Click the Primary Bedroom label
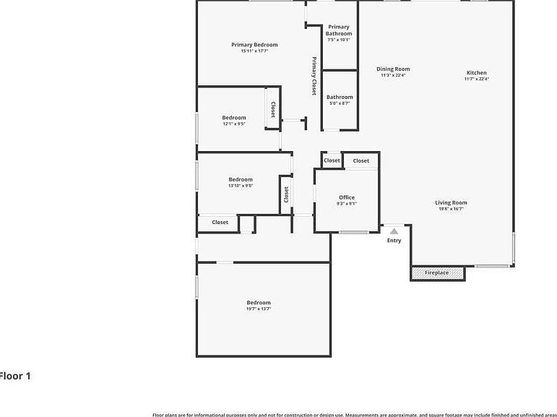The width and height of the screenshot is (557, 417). (x=254, y=45)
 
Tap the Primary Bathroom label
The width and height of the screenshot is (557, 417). (x=339, y=30)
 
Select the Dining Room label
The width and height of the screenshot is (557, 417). (x=393, y=69)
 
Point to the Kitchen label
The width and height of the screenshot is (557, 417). (x=476, y=73)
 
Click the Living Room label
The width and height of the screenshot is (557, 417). (x=451, y=203)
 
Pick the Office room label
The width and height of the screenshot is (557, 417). (x=347, y=197)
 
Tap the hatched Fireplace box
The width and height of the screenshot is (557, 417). (x=438, y=273)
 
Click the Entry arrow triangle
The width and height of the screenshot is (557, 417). (x=394, y=231)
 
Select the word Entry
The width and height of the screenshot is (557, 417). (x=394, y=241)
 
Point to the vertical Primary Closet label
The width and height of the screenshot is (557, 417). (x=314, y=76)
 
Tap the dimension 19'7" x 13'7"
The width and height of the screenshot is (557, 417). (x=259, y=309)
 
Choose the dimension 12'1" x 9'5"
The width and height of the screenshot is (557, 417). (x=234, y=124)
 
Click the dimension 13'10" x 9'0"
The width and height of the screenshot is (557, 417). (x=241, y=186)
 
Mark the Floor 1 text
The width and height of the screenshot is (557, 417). (x=14, y=376)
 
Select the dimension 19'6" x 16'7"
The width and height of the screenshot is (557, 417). (x=451, y=209)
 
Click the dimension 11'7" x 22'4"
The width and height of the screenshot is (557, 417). (x=476, y=79)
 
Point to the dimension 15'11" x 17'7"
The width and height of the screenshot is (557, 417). (x=254, y=51)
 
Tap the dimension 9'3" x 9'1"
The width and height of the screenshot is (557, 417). (x=347, y=204)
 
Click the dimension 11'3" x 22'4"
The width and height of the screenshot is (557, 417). (x=393, y=75)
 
